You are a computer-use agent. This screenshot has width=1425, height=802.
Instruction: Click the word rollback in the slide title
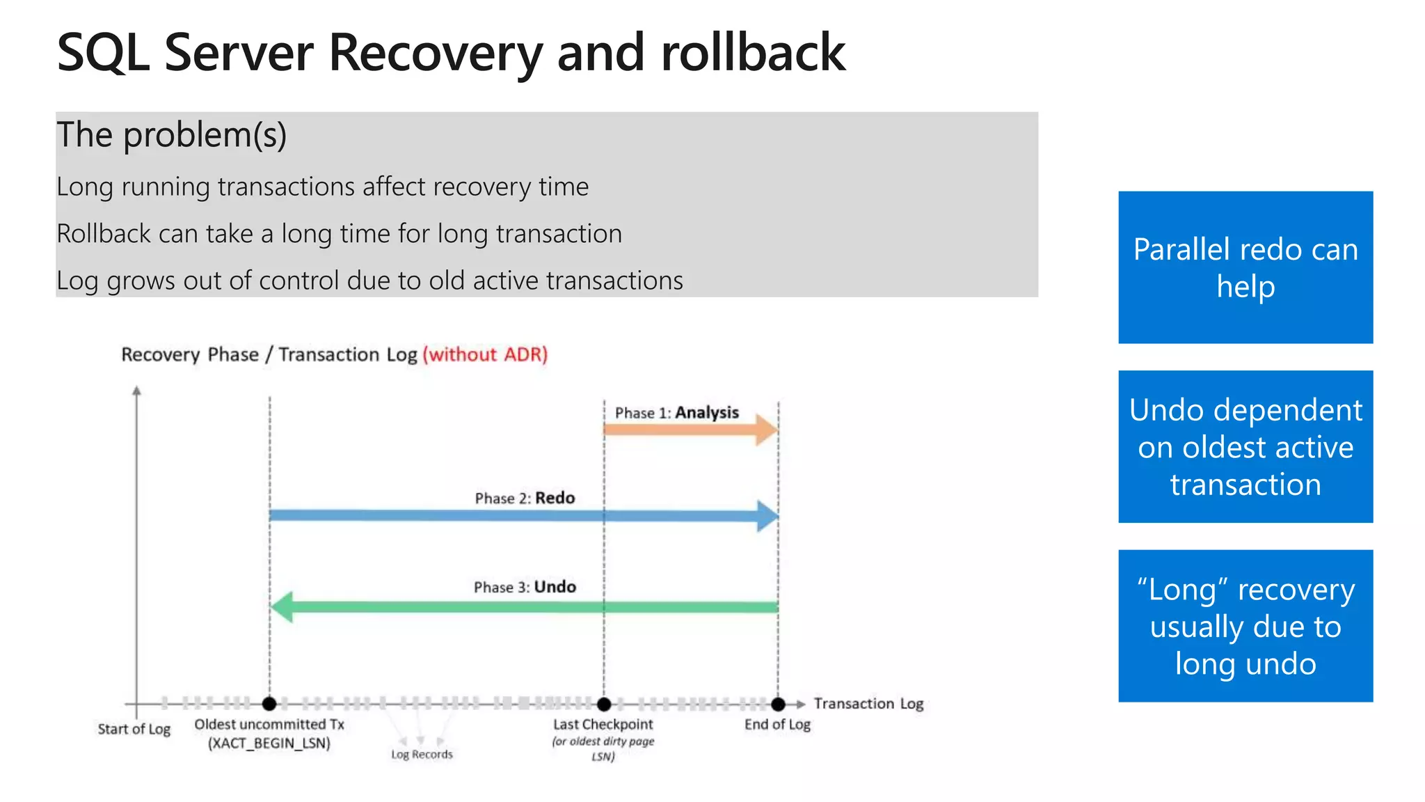pos(753,53)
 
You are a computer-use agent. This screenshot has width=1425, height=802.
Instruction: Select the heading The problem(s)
pos(171,135)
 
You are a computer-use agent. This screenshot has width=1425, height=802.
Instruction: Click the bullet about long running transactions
pos(322,187)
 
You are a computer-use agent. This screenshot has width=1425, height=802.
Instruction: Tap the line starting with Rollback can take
pos(339,234)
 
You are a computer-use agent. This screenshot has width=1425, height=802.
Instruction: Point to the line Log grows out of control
pos(369,281)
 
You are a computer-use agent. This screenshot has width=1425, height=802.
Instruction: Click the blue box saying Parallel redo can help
pos(1245,267)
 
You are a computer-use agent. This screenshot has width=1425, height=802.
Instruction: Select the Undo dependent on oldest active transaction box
pos(1245,446)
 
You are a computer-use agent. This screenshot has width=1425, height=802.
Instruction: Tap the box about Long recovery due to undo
pos(1245,625)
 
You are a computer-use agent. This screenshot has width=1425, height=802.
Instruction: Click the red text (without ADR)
pos(485,354)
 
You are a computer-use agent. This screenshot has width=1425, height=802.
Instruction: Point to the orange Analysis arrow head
pos(767,430)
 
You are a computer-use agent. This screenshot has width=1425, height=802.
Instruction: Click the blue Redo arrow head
pos(767,516)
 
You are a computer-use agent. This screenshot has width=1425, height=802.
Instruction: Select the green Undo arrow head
pos(282,607)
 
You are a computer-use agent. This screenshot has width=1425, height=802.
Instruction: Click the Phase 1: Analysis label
pos(676,413)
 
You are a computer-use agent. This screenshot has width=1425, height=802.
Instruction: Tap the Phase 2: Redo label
pos(525,498)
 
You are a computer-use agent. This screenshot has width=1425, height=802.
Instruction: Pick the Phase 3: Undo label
pos(525,587)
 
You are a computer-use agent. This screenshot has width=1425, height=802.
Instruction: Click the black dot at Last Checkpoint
pos(604,704)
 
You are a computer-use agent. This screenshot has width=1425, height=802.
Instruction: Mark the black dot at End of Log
pos(778,704)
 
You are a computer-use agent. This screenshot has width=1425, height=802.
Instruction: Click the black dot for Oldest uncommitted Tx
pos(269,704)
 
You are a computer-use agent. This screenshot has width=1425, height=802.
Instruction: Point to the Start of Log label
pos(134,729)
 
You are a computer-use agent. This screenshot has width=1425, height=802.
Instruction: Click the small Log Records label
pos(422,755)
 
